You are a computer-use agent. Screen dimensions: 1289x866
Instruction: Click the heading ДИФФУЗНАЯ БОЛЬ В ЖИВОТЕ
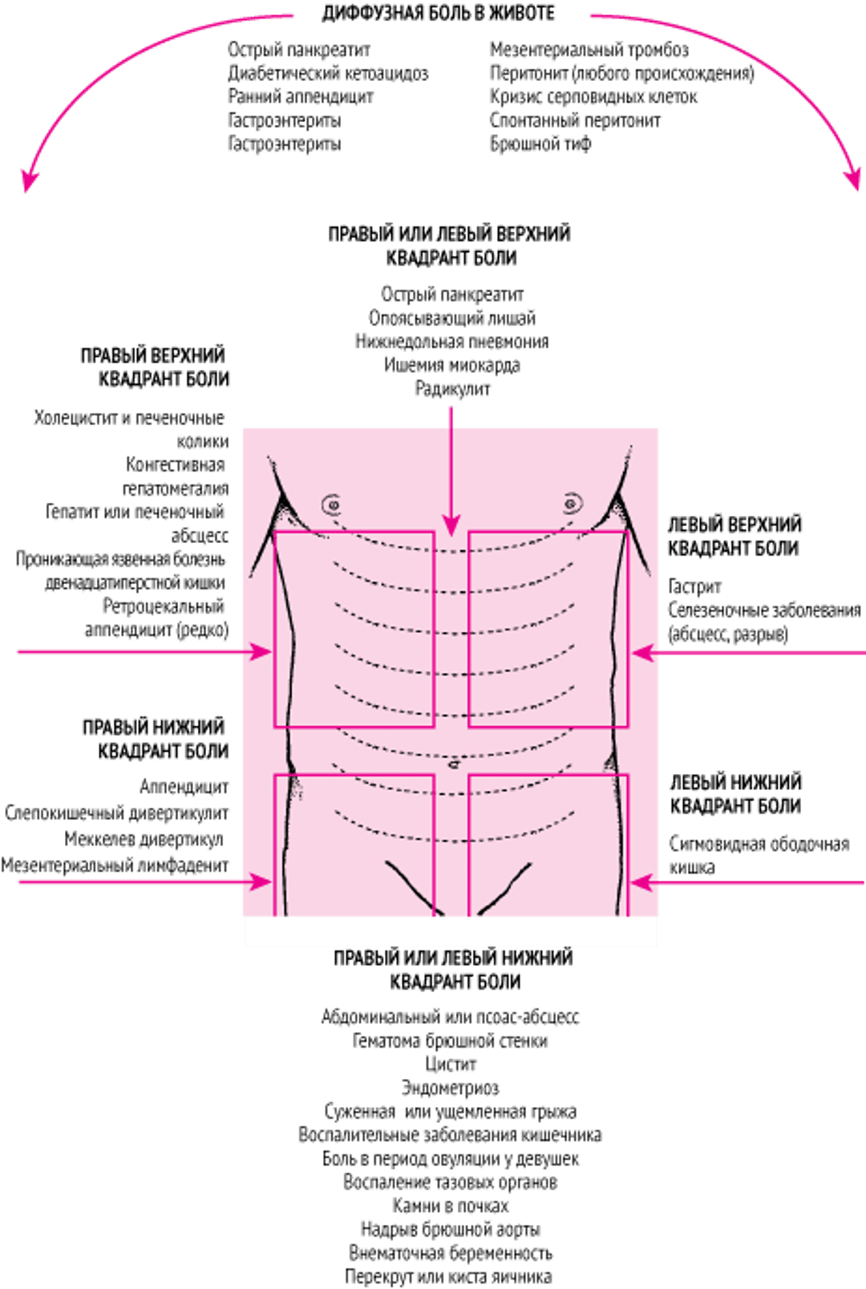pyautogui.click(x=439, y=14)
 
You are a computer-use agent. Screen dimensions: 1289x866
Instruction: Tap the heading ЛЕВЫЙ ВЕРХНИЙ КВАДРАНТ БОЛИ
pyautogui.click(x=734, y=537)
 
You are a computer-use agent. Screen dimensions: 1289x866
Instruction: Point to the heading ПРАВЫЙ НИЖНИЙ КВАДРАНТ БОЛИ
pyautogui.click(x=156, y=739)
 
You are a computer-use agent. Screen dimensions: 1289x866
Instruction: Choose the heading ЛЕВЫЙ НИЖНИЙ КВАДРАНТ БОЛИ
pyautogui.click(x=736, y=794)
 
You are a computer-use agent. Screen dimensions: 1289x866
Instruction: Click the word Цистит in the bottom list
pyautogui.click(x=451, y=1064)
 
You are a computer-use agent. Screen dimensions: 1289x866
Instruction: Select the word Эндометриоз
pyautogui.click(x=451, y=1088)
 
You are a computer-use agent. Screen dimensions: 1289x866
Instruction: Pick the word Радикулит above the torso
pyautogui.click(x=453, y=389)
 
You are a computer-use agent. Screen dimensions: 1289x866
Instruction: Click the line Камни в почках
pyautogui.click(x=451, y=1206)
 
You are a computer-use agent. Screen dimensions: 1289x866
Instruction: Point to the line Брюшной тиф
pyautogui.click(x=540, y=144)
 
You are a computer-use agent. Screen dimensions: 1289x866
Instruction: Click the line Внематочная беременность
pyautogui.click(x=451, y=1253)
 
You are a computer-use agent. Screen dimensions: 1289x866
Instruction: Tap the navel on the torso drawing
pyautogui.click(x=453, y=764)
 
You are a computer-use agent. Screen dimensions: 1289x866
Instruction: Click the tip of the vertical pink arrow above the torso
pyautogui.click(x=451, y=533)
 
